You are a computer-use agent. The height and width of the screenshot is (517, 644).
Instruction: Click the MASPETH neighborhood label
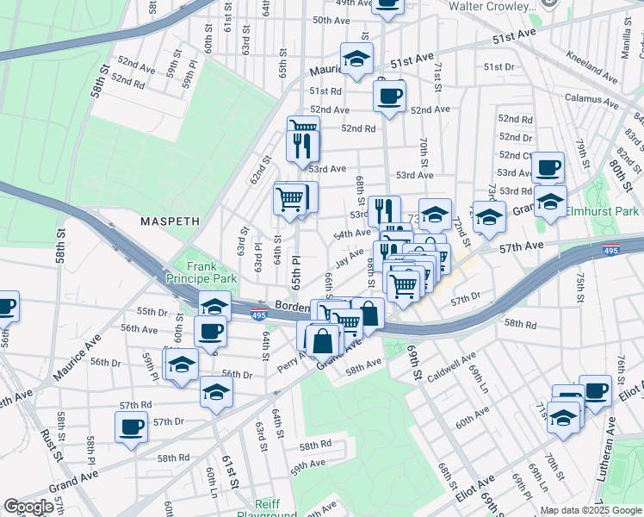coord(170,221)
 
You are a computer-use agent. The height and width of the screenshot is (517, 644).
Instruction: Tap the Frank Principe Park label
coord(206,273)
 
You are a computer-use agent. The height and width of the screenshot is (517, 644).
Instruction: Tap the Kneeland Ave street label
coord(591,69)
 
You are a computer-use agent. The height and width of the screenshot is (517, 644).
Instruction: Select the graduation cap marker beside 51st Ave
coord(356,59)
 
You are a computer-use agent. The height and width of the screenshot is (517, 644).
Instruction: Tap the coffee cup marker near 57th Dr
coord(132,427)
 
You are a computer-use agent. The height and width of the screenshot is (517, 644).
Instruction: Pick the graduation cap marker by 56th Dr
coord(216,391)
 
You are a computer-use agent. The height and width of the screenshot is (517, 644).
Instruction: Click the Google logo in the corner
coord(29,507)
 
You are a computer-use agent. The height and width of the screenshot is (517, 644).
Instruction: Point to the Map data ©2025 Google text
coord(590,510)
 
